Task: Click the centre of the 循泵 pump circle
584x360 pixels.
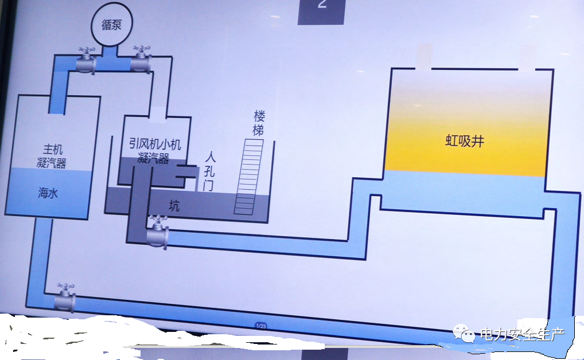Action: tap(111, 25)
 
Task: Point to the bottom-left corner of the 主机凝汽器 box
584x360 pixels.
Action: tap(5, 214)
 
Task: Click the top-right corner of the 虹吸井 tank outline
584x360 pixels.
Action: tap(553, 69)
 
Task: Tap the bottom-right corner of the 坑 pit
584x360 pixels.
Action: tap(267, 222)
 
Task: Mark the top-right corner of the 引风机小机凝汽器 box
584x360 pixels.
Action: tap(190, 118)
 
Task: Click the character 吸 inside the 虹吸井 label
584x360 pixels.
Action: tap(465, 141)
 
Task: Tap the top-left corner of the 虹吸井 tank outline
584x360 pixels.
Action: tap(391, 68)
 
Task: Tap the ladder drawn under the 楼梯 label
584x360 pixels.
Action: tap(248, 177)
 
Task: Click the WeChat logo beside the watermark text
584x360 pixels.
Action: tap(464, 333)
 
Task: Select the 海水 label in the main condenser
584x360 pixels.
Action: tap(48, 193)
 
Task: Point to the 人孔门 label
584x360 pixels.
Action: tap(210, 171)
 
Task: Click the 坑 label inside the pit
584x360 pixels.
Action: tap(174, 205)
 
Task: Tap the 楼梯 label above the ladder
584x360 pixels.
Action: tap(259, 123)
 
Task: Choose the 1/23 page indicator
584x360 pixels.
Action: tap(260, 326)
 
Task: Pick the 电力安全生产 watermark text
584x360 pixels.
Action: tap(522, 334)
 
